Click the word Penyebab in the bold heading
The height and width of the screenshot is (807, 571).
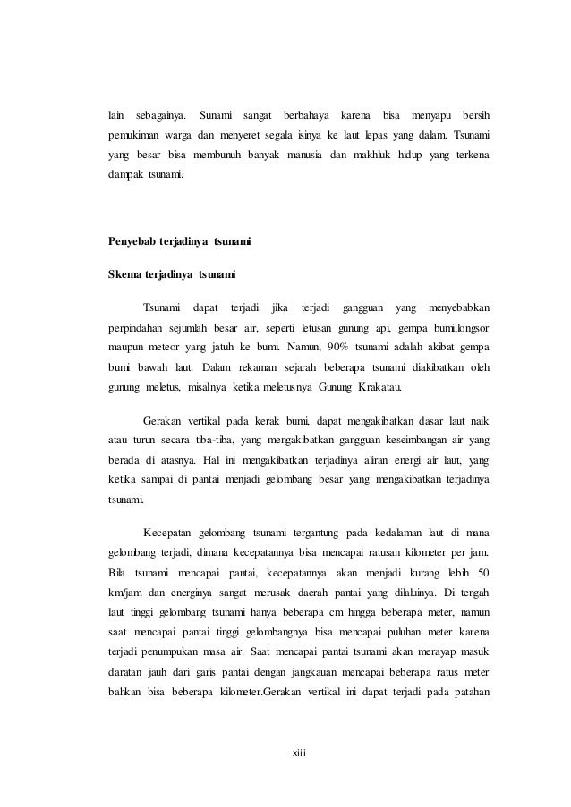[130, 241]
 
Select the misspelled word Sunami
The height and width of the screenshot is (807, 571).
[216, 116]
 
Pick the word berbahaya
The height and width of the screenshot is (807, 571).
[305, 116]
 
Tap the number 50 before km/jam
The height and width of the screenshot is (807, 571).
[483, 572]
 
